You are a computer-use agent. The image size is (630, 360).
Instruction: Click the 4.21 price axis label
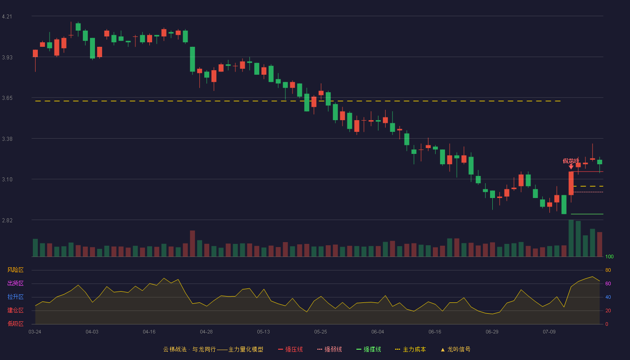coord(7,17)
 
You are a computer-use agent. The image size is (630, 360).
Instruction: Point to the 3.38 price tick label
coord(7,139)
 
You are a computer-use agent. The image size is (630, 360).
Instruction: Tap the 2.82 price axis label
coord(7,220)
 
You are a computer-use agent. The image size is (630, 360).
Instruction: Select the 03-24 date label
coord(35,332)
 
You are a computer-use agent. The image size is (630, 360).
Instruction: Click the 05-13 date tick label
coord(263,332)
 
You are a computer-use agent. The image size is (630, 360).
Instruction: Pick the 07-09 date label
coord(549,332)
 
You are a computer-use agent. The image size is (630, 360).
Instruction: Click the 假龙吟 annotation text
coord(571,161)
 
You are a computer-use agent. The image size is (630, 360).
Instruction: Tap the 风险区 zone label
coord(15,270)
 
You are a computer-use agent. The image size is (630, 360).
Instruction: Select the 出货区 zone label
coord(15,283)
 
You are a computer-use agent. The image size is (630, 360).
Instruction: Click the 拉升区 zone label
coord(15,297)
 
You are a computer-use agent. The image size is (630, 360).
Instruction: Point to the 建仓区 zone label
coord(15,310)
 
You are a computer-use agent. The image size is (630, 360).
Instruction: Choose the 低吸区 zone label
coord(15,324)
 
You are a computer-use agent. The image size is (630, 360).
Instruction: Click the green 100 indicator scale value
coord(609,256)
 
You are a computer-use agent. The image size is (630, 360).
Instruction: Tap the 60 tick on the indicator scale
coord(608,283)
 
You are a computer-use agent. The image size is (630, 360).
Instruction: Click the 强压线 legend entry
coord(290,349)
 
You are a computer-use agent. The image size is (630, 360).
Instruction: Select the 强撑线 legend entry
coord(369,349)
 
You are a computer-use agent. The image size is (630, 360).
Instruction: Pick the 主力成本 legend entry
coord(410,349)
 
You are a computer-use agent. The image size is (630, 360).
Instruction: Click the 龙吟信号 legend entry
coord(455,349)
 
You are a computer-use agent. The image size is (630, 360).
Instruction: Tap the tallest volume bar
coord(571,238)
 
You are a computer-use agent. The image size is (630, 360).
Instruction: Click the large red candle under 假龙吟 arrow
coord(571,184)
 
